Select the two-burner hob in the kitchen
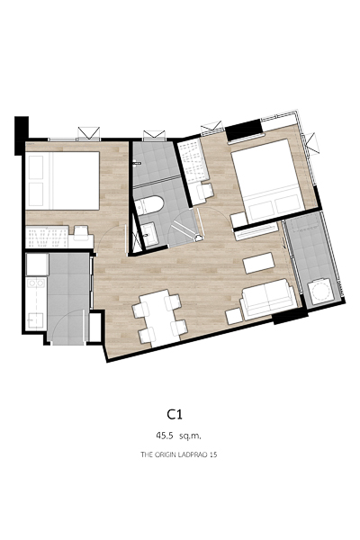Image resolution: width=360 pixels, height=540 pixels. [36, 283]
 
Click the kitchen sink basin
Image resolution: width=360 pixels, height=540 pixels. [35, 321]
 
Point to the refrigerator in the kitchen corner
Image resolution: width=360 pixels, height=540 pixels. [37, 265]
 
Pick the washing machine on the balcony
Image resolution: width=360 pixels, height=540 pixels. [321, 292]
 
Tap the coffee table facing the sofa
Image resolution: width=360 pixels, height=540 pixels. [258, 263]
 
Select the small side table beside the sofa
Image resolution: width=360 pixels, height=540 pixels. [234, 316]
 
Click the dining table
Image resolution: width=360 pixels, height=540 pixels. [159, 319]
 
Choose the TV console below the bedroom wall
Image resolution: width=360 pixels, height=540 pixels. [256, 232]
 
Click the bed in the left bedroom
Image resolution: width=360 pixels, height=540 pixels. [62, 181]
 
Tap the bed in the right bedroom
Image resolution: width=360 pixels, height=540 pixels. [267, 181]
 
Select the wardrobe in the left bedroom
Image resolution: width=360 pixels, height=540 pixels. [47, 237]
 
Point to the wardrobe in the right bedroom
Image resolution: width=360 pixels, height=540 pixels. [193, 159]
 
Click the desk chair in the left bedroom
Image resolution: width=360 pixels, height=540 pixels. [82, 233]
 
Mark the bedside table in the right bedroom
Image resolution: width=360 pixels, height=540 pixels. [238, 220]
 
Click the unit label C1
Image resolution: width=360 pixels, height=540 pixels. [175, 414]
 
